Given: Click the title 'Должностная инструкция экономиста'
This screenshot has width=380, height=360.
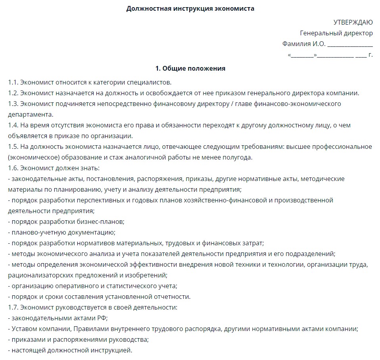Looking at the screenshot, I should tap(190, 8).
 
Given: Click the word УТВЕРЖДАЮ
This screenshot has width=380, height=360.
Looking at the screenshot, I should tap(353, 22).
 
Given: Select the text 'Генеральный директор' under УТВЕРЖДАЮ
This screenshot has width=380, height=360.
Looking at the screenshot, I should tap(336, 33).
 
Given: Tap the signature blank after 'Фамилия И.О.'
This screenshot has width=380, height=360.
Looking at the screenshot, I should tap(349, 44).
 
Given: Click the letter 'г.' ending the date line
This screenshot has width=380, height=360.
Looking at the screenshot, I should tap(370, 54).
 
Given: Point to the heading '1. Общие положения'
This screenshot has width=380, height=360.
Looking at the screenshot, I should tap(190, 68).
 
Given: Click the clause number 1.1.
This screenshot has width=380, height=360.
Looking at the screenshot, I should tap(13, 83).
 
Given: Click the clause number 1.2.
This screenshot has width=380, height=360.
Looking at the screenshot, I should tap(13, 93).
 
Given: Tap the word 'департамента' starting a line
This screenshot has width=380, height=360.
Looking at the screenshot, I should tap(30, 115).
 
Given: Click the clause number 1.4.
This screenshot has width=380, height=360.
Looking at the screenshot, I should tap(13, 125).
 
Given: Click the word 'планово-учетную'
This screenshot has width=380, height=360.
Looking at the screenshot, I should tap(35, 232).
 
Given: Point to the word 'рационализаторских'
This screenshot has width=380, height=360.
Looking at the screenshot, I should tap(39, 275).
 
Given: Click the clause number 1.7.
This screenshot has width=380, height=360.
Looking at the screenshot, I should tap(13, 307).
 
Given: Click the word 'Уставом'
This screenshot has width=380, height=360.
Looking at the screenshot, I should tap(25, 329).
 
